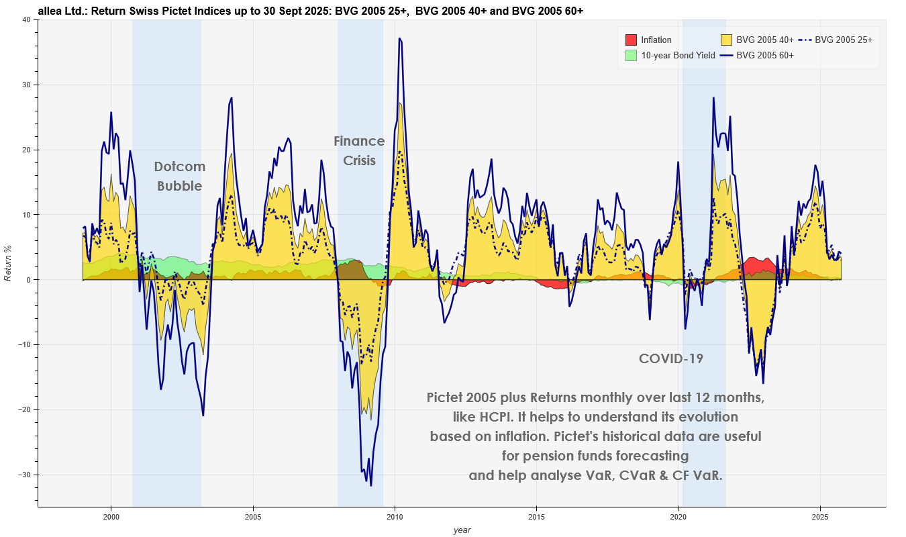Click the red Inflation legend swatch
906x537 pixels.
[630, 40]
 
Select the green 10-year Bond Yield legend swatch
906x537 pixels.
[630, 55]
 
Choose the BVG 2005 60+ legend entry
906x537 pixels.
[764, 55]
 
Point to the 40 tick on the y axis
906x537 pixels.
[26, 20]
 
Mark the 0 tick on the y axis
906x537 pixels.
[29, 280]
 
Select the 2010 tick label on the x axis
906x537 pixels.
[395, 518]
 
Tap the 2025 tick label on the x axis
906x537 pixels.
[820, 518]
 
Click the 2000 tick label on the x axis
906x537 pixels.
[111, 518]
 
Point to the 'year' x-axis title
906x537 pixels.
[462, 530]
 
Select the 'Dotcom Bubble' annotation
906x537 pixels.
[179, 177]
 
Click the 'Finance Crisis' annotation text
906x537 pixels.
[359, 151]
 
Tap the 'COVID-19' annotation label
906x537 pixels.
[670, 358]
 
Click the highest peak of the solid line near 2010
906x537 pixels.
[399, 39]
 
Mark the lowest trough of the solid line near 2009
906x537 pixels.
[370, 485]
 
